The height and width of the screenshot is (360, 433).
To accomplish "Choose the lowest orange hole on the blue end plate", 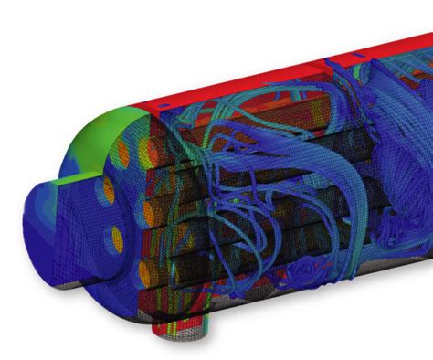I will [117, 239].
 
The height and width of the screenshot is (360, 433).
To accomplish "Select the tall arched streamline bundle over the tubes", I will [247, 137].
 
